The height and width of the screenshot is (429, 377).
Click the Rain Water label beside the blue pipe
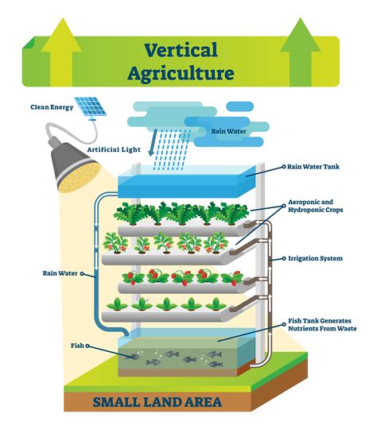(61, 273)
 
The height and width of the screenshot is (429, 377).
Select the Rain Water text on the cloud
(227, 132)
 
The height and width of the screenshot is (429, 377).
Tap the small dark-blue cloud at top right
(241, 106)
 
